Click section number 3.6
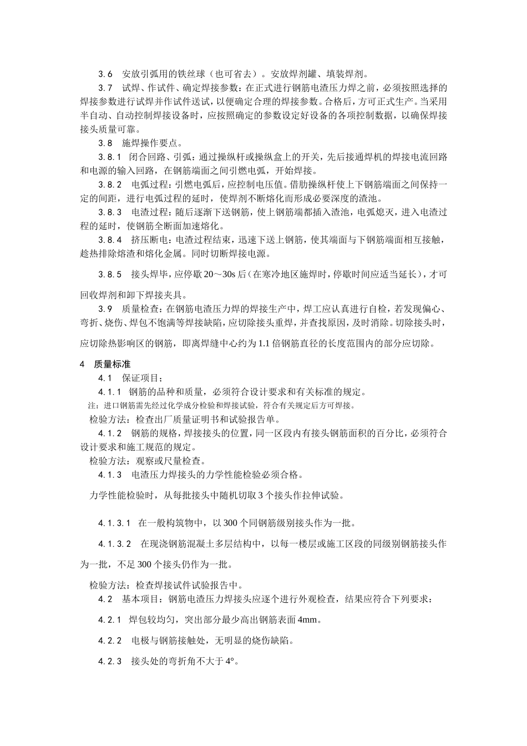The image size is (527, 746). pos(105,74)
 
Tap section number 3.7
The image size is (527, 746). pos(105,88)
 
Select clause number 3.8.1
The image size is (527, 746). pos(110,157)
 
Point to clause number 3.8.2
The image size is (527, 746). pos(110,185)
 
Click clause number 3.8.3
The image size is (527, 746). pos(110,213)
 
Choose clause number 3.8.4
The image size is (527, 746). pos(110,240)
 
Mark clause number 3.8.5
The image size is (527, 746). pos(110,274)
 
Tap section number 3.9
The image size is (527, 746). pos(105,308)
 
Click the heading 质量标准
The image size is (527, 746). pos(105,364)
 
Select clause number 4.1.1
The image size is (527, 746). pos(110,392)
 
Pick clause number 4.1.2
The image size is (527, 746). pos(110,433)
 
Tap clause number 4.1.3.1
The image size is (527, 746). pos(114,523)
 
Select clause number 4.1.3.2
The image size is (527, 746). pos(114,544)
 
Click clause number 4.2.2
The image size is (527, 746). pos(110,641)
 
